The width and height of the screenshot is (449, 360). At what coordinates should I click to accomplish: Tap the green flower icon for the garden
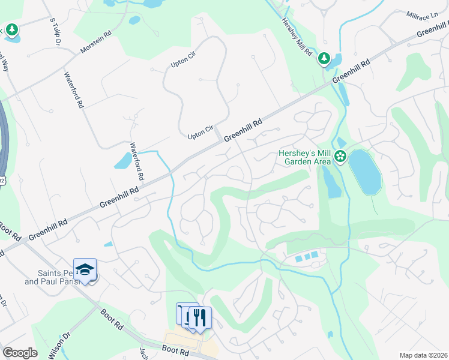(340, 157)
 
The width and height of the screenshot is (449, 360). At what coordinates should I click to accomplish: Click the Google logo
(20, 353)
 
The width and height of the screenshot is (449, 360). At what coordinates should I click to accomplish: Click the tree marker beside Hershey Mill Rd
(324, 58)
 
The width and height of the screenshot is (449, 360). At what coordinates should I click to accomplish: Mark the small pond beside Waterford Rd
(123, 161)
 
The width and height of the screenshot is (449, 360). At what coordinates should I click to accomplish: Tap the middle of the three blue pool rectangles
(307, 257)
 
